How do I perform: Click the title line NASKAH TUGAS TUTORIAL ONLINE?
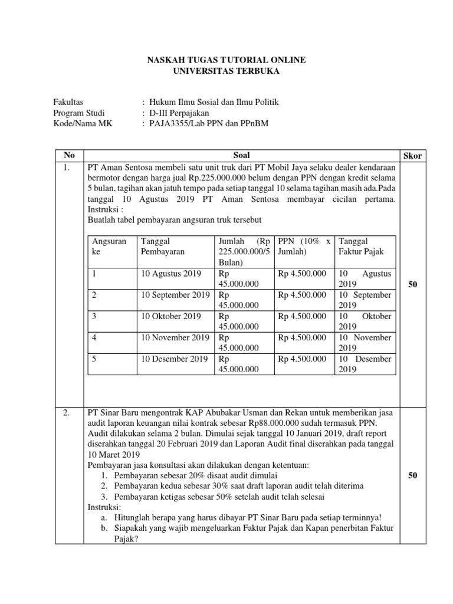click(x=226, y=61)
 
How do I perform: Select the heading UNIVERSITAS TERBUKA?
click(x=226, y=71)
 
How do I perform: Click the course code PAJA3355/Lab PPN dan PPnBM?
click(x=205, y=124)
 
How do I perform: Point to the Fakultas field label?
click(x=68, y=103)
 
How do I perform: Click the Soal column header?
click(x=242, y=156)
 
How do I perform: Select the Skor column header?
click(x=412, y=156)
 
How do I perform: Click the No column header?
click(x=70, y=156)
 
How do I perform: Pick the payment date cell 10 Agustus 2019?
click(x=170, y=274)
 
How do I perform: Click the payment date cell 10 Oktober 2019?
click(x=170, y=316)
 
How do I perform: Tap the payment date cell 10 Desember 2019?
click(x=174, y=359)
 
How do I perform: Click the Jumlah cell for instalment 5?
click(x=239, y=364)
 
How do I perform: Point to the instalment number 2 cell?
click(x=94, y=295)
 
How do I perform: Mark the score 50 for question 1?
click(x=412, y=285)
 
